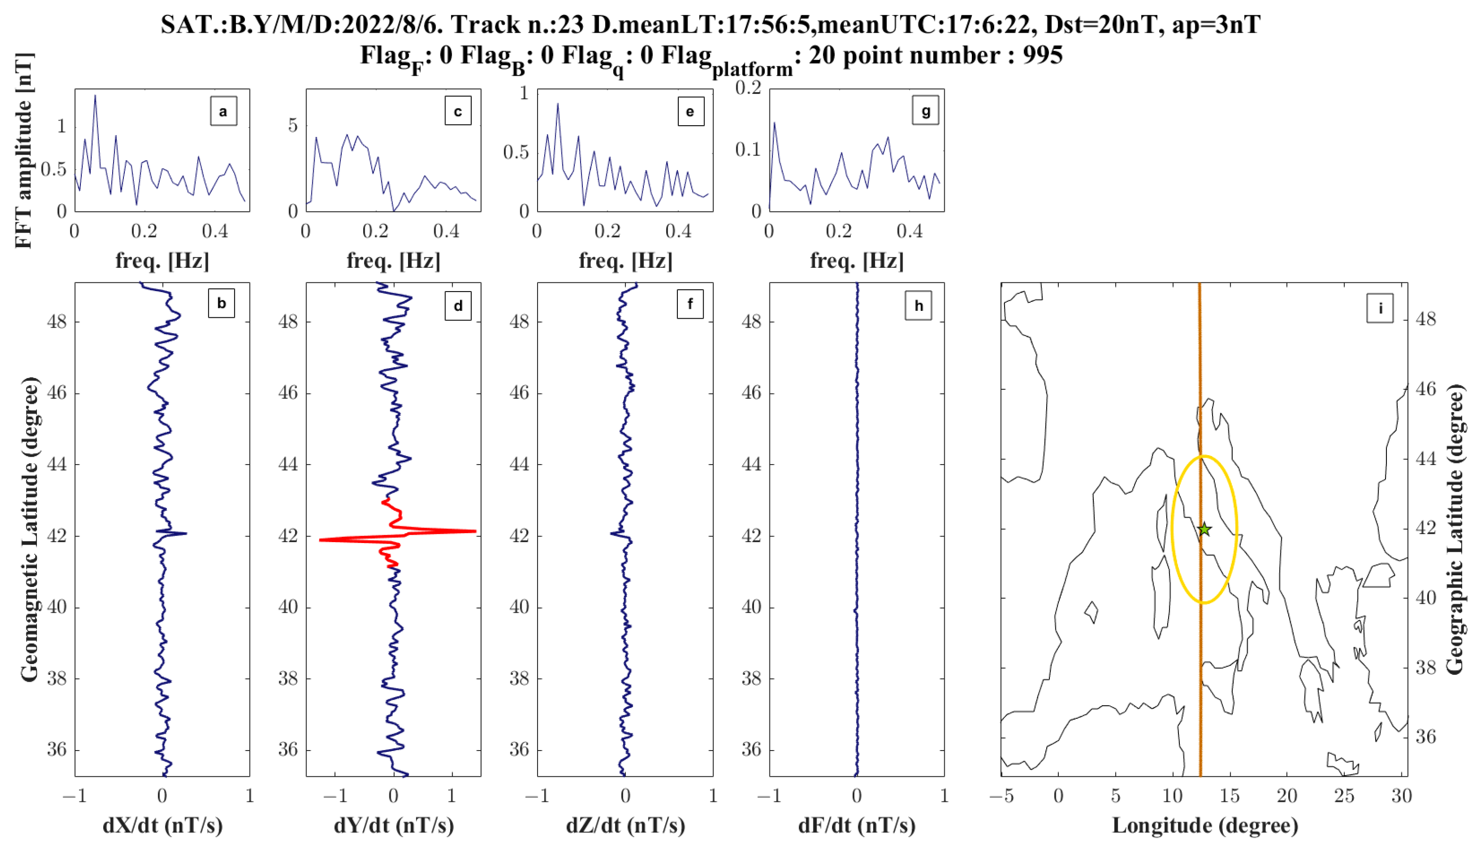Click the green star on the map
1204,529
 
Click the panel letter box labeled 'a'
223,111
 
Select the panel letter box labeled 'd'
458,305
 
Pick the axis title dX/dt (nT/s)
163,825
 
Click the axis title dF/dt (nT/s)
856,825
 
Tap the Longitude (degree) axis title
1205,825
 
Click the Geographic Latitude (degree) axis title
1454,529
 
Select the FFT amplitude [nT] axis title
23,151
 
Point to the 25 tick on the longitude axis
1343,795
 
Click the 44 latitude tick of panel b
57,464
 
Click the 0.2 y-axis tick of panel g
748,88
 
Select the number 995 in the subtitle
1042,56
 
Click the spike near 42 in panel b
185,533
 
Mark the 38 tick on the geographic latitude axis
1426,667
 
